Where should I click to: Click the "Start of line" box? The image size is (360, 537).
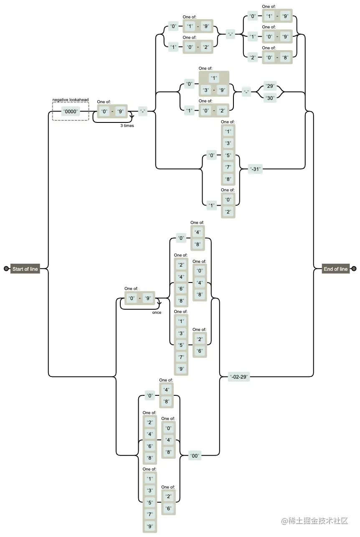coord(25,269)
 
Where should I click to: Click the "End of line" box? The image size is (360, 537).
coord(336,269)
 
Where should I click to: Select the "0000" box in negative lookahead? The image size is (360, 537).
coord(71,112)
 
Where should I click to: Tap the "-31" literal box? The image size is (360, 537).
coord(255,169)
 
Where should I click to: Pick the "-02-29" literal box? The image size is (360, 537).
coord(238,377)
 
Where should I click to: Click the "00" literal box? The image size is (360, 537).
coord(195,456)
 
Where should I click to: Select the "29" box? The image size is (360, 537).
coord(270,86)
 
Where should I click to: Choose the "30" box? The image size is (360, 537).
coord(270,98)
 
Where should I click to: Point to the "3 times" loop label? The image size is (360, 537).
coord(127,126)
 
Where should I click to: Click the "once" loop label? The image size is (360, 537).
coord(157,313)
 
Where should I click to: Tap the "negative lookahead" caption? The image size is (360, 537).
coord(71,100)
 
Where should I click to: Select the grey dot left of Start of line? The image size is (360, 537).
coord(6,269)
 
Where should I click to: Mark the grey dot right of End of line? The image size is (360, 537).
coord(354,269)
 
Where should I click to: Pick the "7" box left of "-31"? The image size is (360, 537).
coord(228,167)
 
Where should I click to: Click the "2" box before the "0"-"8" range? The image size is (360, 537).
coord(253,58)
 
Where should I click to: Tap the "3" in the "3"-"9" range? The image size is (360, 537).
coord(206,90)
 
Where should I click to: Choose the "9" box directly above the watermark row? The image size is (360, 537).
coord(150,526)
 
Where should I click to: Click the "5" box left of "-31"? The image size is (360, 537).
coord(228,155)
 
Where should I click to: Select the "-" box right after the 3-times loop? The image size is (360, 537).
coord(143,111)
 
